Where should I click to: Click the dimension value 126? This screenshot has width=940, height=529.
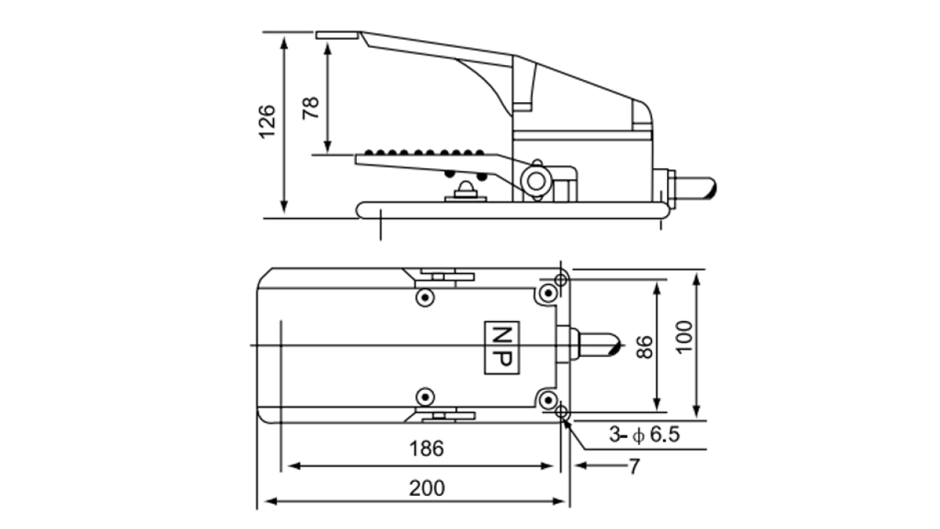click(x=267, y=122)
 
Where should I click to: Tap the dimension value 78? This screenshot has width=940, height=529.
click(x=312, y=109)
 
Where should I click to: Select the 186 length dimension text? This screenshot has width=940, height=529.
click(x=427, y=449)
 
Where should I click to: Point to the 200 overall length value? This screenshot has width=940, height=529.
click(x=427, y=487)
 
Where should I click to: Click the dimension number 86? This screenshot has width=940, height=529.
click(x=644, y=346)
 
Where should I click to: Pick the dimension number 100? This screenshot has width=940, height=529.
click(x=684, y=337)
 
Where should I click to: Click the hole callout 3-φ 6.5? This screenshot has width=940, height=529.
click(x=644, y=435)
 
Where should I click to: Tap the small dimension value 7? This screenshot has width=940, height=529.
click(x=634, y=467)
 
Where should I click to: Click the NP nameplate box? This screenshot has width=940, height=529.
click(x=502, y=346)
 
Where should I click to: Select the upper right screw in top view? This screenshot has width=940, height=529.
click(x=547, y=294)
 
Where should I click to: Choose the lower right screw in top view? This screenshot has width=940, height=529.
click(x=547, y=400)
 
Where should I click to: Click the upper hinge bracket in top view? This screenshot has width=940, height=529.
click(x=445, y=277)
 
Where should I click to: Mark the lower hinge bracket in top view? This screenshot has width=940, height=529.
click(x=445, y=416)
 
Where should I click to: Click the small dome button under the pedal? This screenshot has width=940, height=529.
click(x=464, y=188)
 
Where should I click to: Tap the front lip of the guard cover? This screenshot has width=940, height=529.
click(x=338, y=35)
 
